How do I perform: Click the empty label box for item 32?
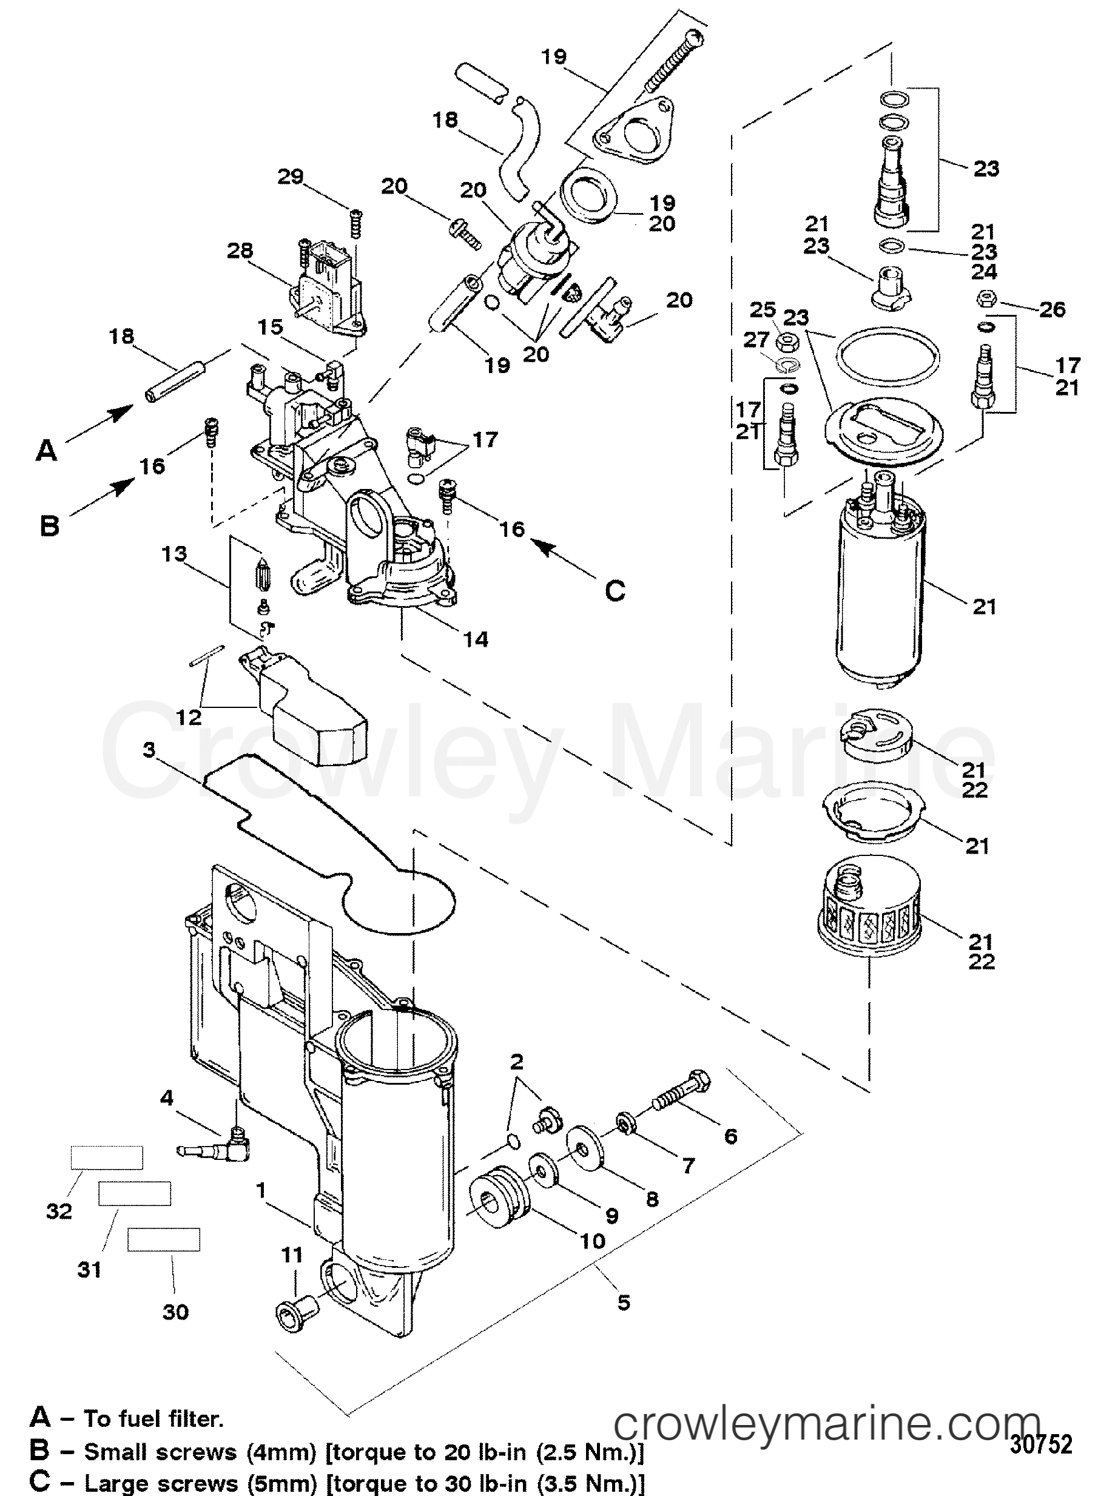107,1157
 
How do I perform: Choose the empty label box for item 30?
164,1239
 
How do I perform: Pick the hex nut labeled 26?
987,300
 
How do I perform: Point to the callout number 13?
174,554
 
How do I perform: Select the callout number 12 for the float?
189,718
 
